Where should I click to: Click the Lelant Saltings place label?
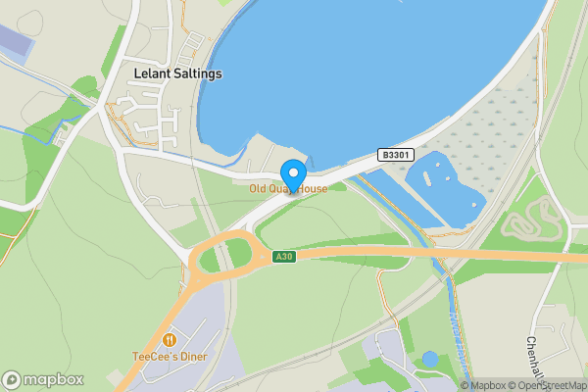[178, 73]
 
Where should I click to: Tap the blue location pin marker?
[292, 174]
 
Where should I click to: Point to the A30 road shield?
[283, 257]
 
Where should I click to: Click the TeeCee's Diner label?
[171, 357]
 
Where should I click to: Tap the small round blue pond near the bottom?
[429, 360]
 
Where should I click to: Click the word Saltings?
[199, 73]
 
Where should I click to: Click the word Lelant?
[152, 73]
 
